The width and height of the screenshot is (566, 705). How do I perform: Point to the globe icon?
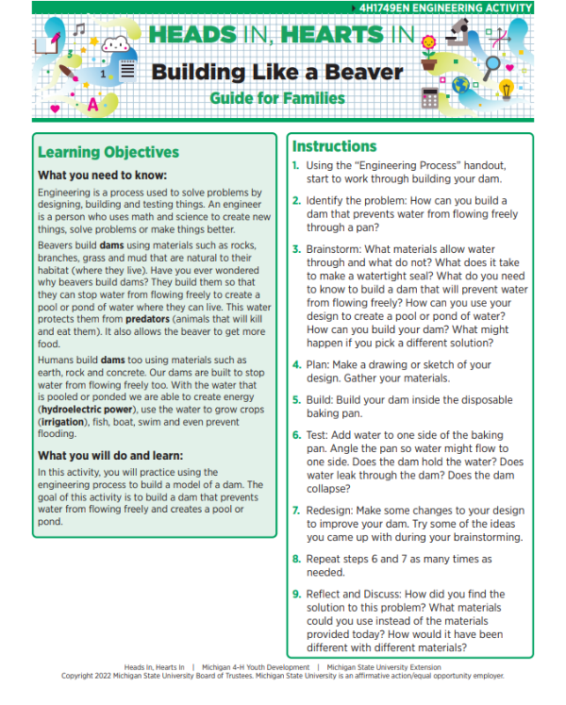[x=461, y=85]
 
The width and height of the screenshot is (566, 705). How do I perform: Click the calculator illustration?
[x=431, y=96]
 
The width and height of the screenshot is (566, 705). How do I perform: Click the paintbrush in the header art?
[x=68, y=69]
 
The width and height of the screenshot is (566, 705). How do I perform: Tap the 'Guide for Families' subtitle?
[x=277, y=97]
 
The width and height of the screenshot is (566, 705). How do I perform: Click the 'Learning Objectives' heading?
[x=108, y=152]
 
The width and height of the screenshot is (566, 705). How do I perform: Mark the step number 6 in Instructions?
[x=296, y=435]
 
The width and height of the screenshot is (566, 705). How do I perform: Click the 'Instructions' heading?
[x=334, y=146]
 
